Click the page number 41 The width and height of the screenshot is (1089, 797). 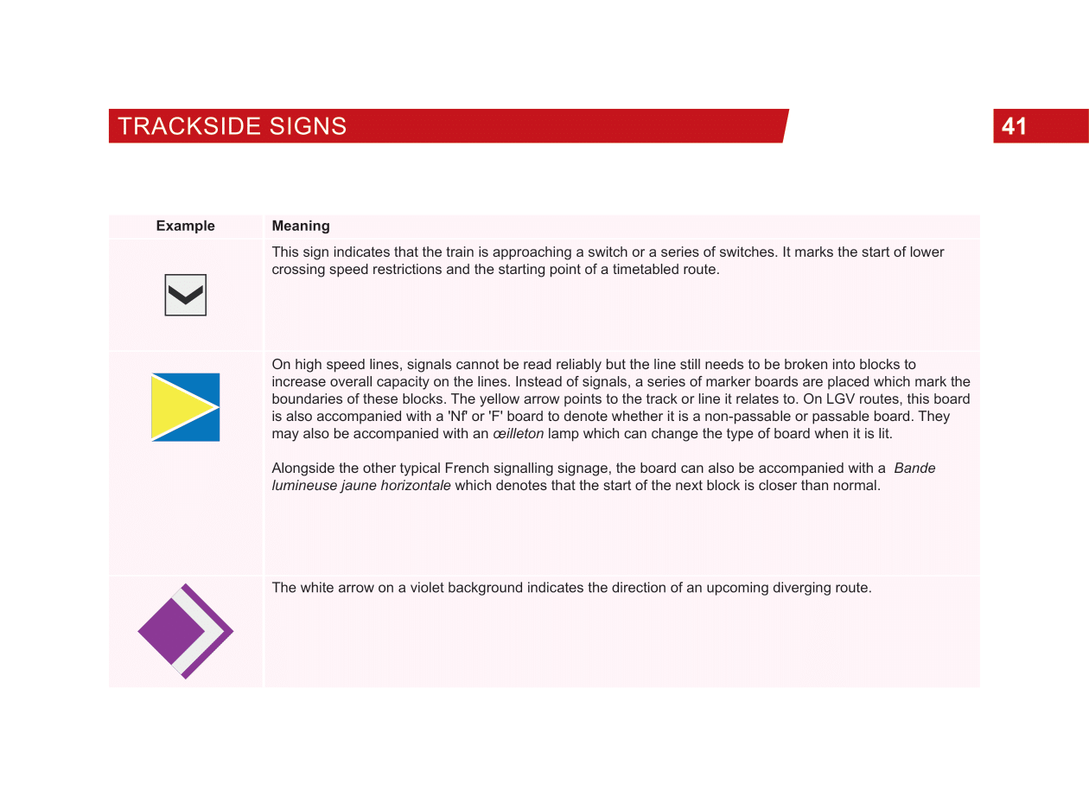[x=1014, y=126]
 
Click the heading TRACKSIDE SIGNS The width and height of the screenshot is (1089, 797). [x=232, y=126]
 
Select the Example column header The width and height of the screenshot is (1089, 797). [x=185, y=226]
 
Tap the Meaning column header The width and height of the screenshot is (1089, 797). [x=301, y=226]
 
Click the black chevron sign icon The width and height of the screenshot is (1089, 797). [x=186, y=296]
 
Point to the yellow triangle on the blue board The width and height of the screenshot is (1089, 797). [x=177, y=406]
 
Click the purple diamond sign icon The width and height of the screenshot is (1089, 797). [x=170, y=631]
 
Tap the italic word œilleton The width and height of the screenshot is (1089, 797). [x=518, y=434]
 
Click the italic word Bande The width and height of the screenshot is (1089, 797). [x=914, y=469]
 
